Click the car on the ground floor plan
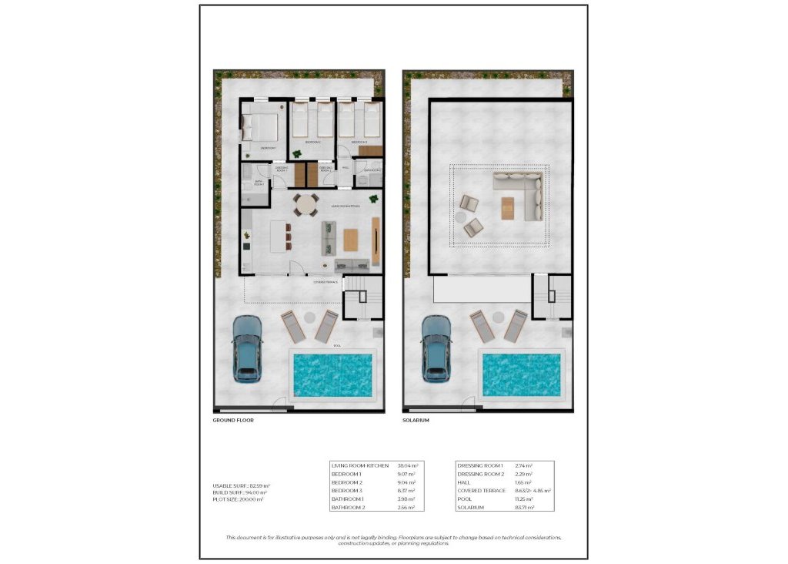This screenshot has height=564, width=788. [247, 348]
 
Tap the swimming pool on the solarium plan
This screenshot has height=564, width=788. [523, 374]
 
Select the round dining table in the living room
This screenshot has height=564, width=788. [307, 206]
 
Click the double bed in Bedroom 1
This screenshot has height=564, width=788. [260, 126]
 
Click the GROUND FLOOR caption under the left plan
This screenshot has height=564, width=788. [233, 421]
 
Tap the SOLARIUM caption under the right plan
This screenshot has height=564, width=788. [416, 421]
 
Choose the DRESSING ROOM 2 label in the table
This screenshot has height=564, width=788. [480, 474]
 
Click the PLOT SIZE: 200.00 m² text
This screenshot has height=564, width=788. [238, 499]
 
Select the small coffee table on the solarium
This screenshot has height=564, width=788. [507, 208]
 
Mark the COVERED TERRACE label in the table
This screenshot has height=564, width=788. [482, 490]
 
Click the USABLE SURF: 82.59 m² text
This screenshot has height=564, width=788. [241, 485]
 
